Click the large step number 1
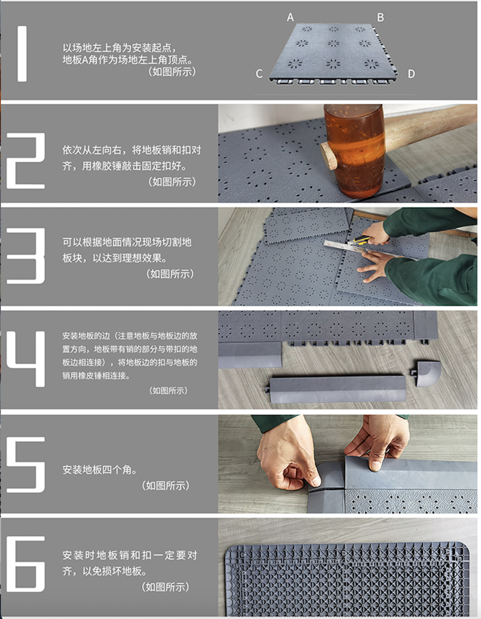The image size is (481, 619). [22, 54]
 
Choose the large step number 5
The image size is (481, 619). [26, 465]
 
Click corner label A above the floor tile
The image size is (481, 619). [290, 17]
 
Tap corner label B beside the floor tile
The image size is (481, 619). [380, 17]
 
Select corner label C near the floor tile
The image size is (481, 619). [259, 74]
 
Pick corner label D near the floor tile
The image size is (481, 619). [411, 74]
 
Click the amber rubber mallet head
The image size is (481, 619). [354, 150]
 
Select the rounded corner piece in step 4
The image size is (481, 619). [428, 373]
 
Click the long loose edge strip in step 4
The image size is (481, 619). [337, 389]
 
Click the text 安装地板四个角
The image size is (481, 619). [100, 469]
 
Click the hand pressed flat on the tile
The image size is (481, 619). [376, 265]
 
